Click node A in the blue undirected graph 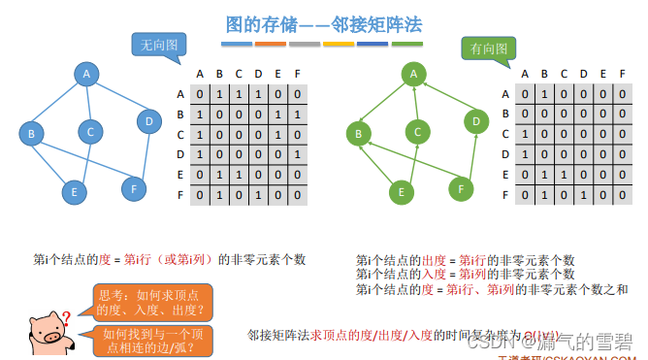tap(86, 73)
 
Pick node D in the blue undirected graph tap(147, 121)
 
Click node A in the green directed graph tap(414, 73)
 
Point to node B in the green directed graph tap(359, 132)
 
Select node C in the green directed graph tap(418, 131)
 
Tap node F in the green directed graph tap(461, 187)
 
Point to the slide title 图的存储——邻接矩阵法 tap(323, 23)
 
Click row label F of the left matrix tap(179, 195)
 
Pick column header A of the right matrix tap(524, 73)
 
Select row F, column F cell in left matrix tap(296, 195)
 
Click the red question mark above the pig tap(66, 316)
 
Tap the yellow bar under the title tap(339, 44)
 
